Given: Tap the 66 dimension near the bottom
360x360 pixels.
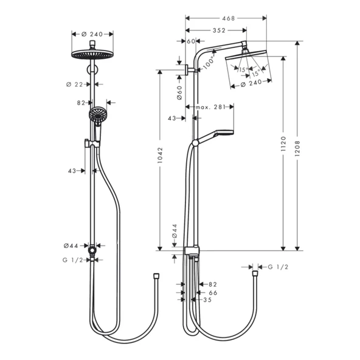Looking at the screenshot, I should [213, 292].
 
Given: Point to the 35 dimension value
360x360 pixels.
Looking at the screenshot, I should [207, 300].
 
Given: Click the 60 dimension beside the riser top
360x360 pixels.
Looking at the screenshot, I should [190, 41].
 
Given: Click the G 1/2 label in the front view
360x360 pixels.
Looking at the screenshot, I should [72, 260].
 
